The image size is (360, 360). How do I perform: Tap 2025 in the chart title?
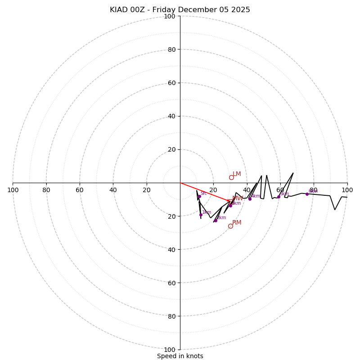pos(241,10)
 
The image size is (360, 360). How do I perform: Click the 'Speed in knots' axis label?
pos(180,356)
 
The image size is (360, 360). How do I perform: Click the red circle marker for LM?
pos(231,177)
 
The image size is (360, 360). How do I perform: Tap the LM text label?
pos(237,174)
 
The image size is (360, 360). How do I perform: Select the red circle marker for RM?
pos(230,226)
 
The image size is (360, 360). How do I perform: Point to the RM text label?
pos(237,223)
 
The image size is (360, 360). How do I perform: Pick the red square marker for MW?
pos(229,201)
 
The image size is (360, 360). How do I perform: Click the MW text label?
pos(238,198)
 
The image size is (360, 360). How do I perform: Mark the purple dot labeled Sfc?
pos(199,196)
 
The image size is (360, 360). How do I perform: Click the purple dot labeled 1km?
pos(201,215)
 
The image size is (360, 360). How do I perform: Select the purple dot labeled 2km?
pos(216,220)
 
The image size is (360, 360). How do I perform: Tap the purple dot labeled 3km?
pos(230,205)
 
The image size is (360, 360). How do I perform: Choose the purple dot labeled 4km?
pos(250,198)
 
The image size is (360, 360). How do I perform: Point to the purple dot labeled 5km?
pos(279,197)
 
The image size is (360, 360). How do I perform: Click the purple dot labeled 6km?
pos(307,194)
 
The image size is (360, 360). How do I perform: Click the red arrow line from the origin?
pos(205,192)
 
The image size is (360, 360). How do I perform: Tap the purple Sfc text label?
pos(203,193)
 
